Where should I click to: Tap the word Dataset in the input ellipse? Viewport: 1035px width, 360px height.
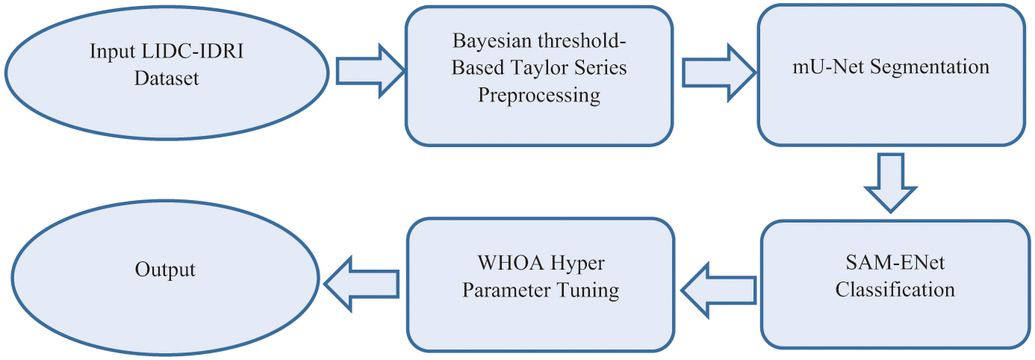[x=167, y=78]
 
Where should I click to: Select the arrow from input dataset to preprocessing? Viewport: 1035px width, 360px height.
[x=370, y=71]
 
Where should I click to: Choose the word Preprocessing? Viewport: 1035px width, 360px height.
[x=539, y=95]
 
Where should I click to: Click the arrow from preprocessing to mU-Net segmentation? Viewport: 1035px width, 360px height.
[x=718, y=72]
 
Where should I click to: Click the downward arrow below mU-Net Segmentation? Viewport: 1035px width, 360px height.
[x=890, y=183]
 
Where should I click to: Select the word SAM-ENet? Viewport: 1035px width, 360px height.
[x=895, y=263]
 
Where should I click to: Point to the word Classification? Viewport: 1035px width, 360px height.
[x=895, y=290]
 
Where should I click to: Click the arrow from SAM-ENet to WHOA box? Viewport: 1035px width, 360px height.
[x=718, y=291]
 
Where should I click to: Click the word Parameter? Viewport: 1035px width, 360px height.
[x=506, y=291]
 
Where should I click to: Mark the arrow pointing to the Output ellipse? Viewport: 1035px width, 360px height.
[x=361, y=284]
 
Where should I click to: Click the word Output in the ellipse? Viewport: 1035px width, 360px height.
[x=165, y=270]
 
